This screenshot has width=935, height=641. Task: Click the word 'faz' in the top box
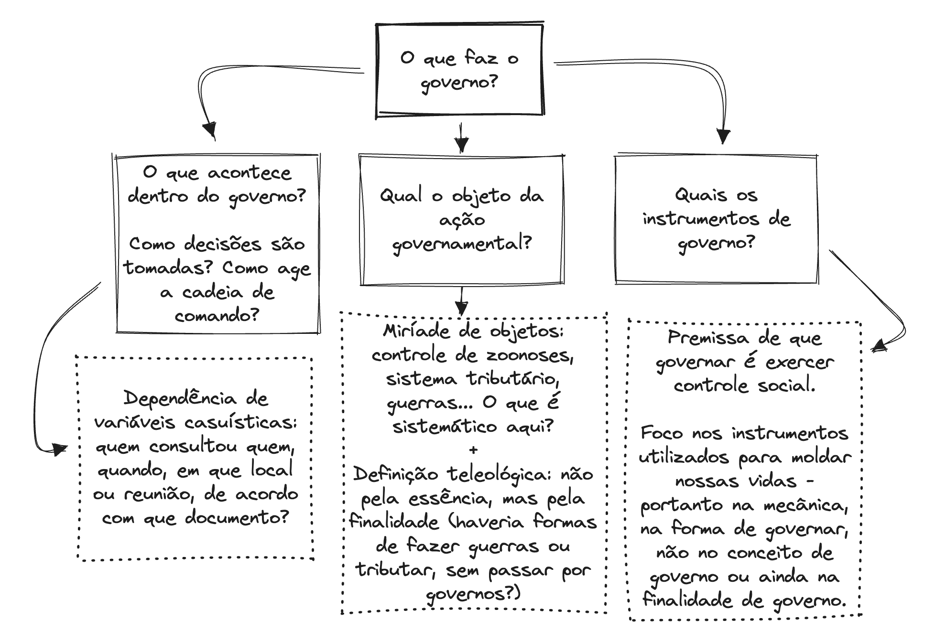[x=481, y=58]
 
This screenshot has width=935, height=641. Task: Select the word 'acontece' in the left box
[x=249, y=172]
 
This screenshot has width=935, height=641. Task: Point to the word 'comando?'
[x=217, y=316]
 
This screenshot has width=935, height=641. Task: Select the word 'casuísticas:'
[x=241, y=423]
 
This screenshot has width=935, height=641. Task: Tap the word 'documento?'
[x=237, y=518]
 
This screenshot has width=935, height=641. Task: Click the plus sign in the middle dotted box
[x=473, y=450]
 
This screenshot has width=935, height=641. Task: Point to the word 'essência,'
[x=449, y=499]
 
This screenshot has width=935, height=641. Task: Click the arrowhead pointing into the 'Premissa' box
[x=878, y=346]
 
